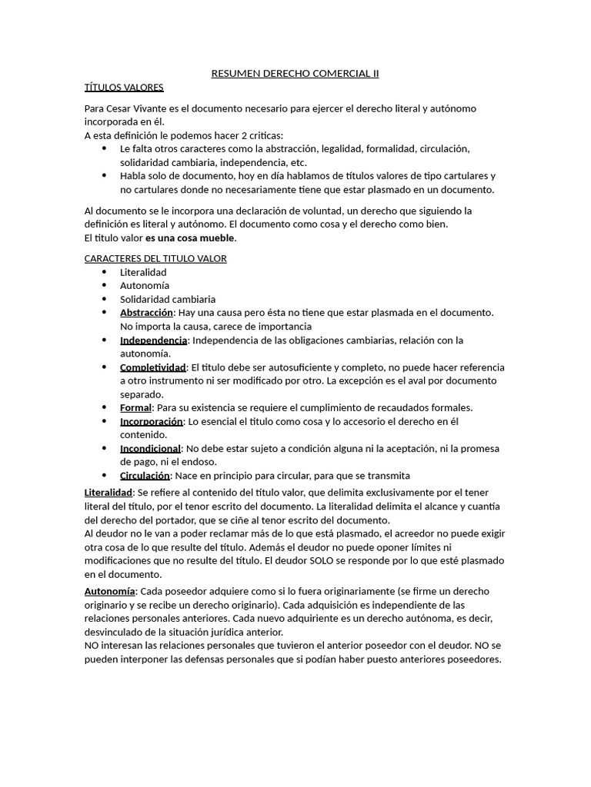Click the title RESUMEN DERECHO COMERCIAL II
click(295, 74)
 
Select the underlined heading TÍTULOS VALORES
click(124, 87)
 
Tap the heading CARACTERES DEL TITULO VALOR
click(155, 258)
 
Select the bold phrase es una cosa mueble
click(190, 237)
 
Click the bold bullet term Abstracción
click(147, 313)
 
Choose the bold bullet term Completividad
click(153, 367)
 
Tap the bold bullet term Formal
click(135, 408)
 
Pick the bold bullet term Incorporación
click(152, 422)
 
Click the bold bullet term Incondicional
click(150, 449)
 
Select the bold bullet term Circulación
click(145, 476)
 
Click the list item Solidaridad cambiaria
click(168, 299)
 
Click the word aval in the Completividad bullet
click(429, 381)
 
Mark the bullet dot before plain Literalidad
click(104, 272)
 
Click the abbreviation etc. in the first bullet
click(297, 163)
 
